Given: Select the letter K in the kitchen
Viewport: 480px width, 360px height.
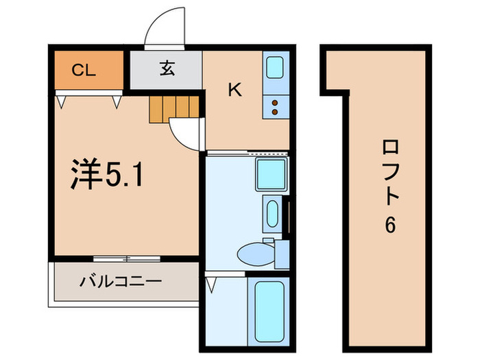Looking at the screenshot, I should (234, 90).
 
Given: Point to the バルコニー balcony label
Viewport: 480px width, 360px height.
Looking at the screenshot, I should (120, 282).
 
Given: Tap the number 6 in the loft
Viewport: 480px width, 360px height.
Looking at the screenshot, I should (389, 226).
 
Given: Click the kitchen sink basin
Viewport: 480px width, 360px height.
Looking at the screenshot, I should (275, 69).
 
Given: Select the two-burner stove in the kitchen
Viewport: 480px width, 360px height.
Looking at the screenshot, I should (275, 106).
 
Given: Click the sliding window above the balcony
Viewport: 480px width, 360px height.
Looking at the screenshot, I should (125, 259).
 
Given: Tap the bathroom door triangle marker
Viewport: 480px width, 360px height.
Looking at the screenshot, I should (211, 281).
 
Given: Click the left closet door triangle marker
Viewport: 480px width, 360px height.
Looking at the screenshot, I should (61, 101).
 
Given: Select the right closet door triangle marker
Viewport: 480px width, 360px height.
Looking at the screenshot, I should (117, 101).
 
